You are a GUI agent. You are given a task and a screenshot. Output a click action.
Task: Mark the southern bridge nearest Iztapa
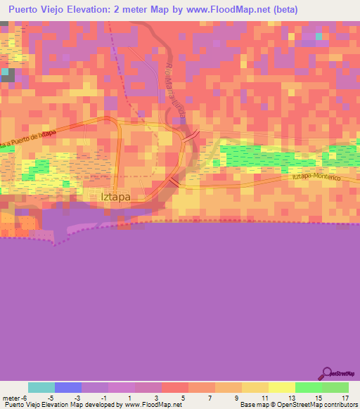click(x=173, y=182)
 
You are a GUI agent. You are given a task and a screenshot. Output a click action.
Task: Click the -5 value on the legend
click(x=67, y=398)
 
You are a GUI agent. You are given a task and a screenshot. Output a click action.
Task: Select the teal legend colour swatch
click(x=41, y=387)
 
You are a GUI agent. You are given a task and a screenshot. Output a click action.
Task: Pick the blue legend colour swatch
click(x=68, y=387)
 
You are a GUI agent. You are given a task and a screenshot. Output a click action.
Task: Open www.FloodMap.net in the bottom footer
click(x=151, y=405)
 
